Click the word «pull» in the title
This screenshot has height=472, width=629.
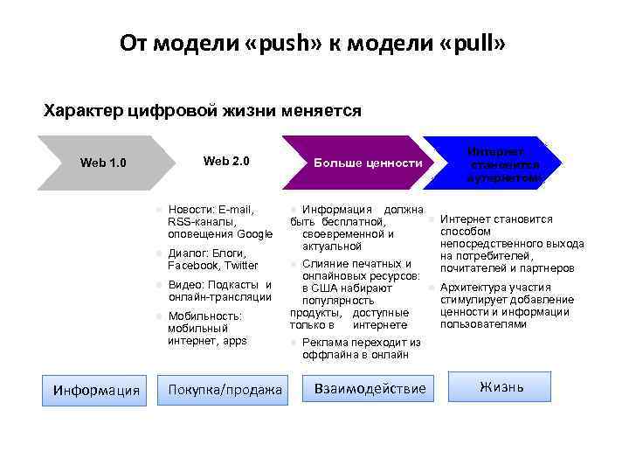473,45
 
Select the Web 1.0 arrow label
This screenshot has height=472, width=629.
103,163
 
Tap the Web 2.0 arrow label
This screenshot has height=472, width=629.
226,161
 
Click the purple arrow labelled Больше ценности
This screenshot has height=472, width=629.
368,163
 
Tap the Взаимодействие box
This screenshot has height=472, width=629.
370,388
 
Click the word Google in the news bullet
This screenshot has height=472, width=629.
255,234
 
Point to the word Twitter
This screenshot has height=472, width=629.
241,266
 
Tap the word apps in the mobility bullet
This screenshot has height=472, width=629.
234,341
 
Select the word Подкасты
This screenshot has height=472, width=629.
234,285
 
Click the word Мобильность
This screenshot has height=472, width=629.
205,316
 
